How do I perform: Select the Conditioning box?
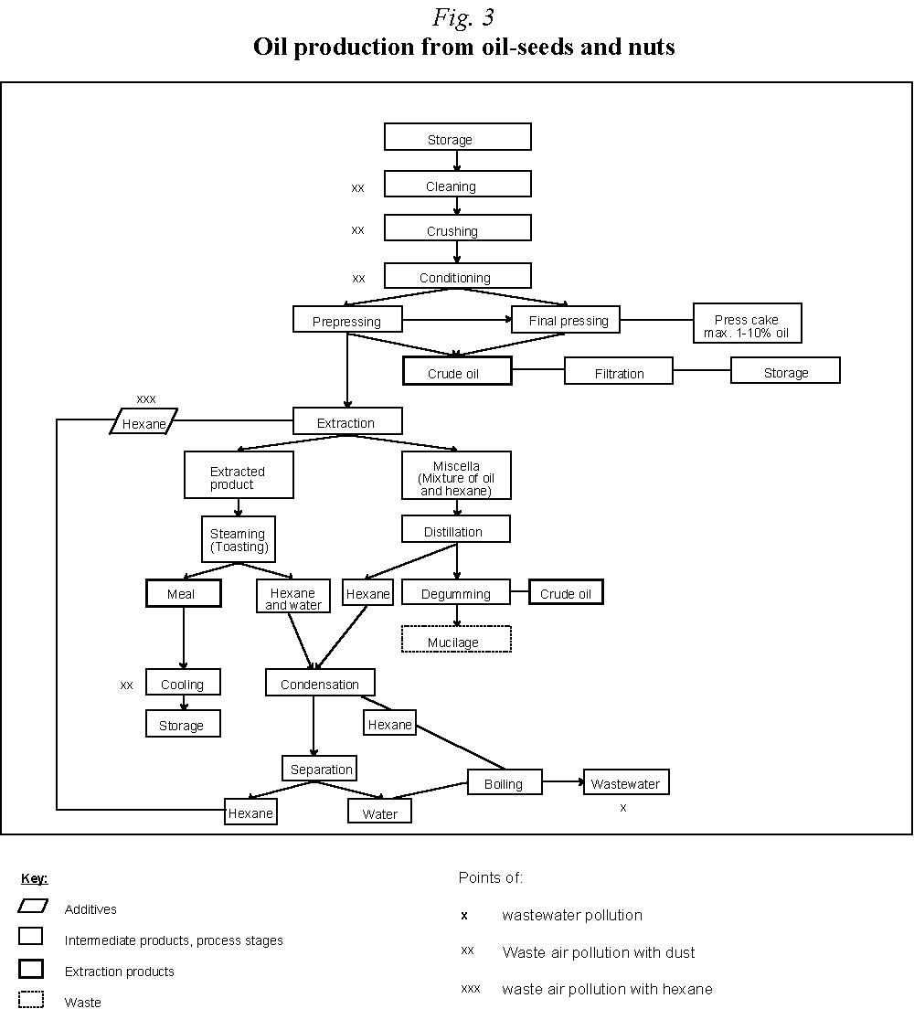point(457,275)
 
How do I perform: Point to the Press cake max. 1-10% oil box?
point(747,324)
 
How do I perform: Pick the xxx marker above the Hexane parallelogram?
point(146,398)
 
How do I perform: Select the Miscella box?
point(456,477)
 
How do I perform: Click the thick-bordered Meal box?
point(183,593)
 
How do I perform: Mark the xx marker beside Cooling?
point(126,685)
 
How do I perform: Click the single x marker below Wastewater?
point(623,808)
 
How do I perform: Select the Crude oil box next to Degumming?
point(566,592)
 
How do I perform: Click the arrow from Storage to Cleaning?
point(457,161)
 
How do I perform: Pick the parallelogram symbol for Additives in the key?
point(32,907)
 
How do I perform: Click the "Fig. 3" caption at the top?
point(463,17)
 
